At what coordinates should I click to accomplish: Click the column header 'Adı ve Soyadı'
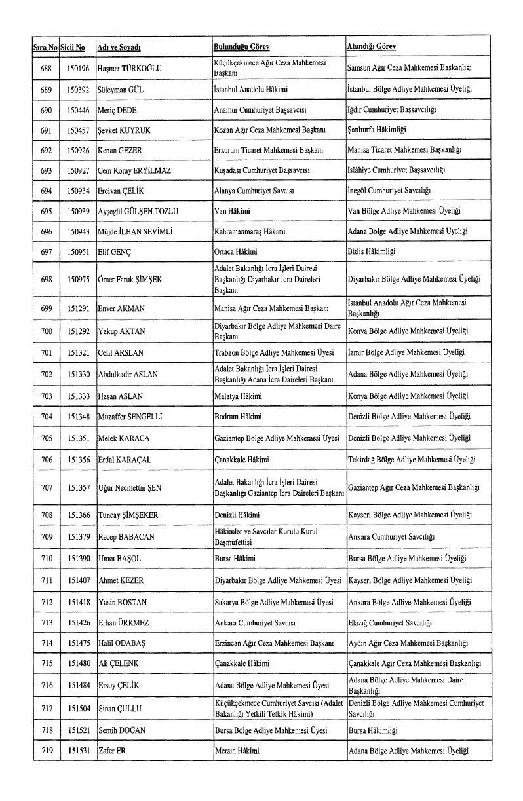click(x=119, y=48)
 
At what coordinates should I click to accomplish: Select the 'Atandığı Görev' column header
click(x=371, y=48)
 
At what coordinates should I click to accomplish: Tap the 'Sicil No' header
click(x=73, y=48)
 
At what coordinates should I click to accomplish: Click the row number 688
click(x=46, y=69)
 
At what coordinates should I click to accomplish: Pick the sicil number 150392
click(x=78, y=89)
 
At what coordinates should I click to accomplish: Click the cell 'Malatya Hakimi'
click(x=238, y=396)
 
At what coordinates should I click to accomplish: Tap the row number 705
click(x=46, y=437)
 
